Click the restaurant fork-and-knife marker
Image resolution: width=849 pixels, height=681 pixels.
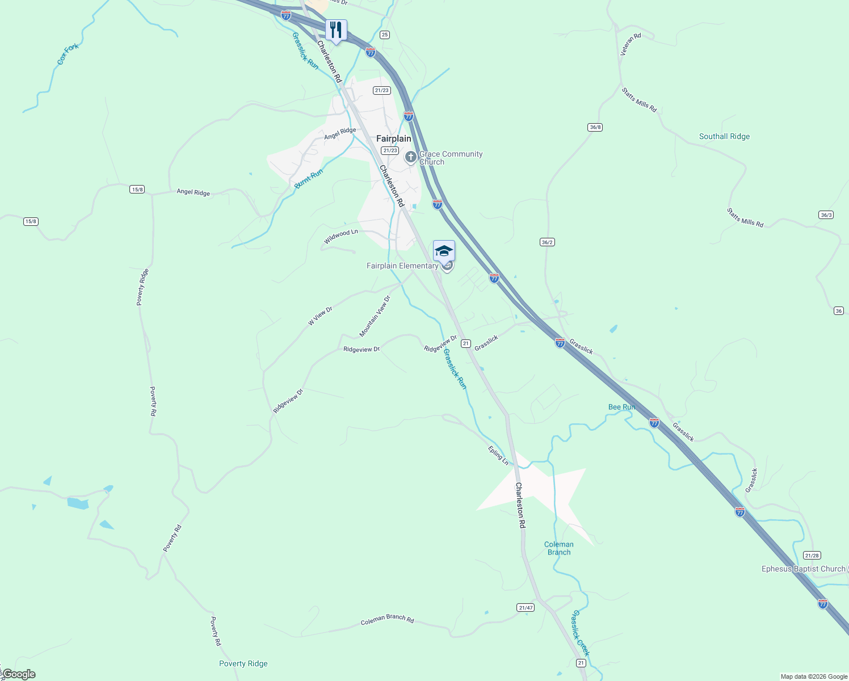336,30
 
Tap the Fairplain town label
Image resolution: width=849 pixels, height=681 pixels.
393,138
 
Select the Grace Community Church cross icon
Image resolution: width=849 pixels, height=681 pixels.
411,157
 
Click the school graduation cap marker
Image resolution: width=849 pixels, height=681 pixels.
444,251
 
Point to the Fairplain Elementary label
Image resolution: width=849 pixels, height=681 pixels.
402,266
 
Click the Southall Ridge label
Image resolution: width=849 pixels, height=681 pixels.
724,136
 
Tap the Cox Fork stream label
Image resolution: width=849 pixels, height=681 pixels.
68,54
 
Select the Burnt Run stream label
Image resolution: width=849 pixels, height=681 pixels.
309,178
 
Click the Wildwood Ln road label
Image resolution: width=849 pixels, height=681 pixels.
341,236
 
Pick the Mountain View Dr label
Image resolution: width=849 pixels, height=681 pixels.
375,316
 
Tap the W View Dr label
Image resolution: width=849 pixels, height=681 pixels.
320,316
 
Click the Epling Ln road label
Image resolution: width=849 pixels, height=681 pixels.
498,455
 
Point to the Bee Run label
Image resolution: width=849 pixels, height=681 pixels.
621,407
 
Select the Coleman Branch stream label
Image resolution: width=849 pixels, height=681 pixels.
559,548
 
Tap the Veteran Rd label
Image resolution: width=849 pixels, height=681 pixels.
630,44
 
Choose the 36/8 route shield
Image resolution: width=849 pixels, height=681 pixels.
595,127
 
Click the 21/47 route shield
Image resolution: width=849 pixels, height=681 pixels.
526,608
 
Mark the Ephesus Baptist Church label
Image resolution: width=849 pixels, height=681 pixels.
803,569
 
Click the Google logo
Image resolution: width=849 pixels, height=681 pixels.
19,674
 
